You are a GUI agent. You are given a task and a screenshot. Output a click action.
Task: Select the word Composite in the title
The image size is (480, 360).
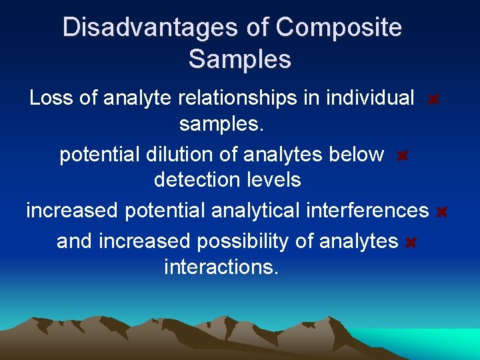(338, 28)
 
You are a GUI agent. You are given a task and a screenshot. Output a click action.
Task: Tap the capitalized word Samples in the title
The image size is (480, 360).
(239, 59)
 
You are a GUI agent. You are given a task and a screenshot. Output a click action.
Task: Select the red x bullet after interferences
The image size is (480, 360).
(441, 213)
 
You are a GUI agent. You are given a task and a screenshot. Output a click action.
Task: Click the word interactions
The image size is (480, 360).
(221, 267)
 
